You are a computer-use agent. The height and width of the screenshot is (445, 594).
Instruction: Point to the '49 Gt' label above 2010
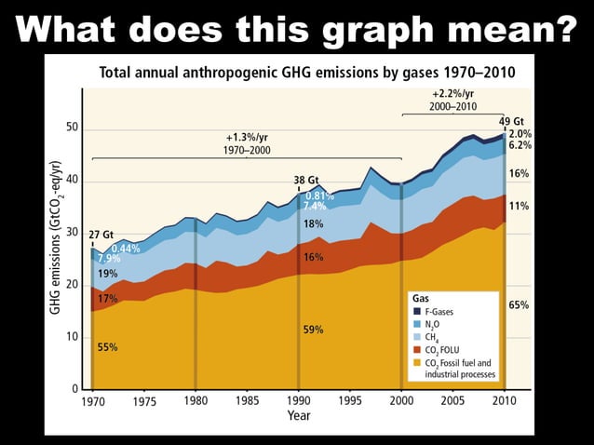(511, 122)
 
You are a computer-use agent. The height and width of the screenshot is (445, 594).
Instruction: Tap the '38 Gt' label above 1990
(306, 180)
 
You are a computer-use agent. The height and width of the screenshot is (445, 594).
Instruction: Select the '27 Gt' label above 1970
(101, 234)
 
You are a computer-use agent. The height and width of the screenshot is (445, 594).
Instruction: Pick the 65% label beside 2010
(520, 304)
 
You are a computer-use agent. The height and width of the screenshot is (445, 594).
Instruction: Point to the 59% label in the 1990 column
(314, 330)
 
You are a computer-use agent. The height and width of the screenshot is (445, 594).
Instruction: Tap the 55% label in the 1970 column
(108, 346)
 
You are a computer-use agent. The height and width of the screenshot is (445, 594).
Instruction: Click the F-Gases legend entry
(439, 310)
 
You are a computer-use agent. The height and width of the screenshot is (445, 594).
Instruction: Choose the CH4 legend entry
(435, 336)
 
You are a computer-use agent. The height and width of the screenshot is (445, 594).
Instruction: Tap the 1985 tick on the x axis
(247, 401)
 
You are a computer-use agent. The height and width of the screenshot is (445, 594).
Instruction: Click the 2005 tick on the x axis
(452, 401)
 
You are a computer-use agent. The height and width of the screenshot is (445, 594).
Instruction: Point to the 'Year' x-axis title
(298, 415)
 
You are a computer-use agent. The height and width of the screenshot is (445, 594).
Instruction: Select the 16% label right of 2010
(520, 174)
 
